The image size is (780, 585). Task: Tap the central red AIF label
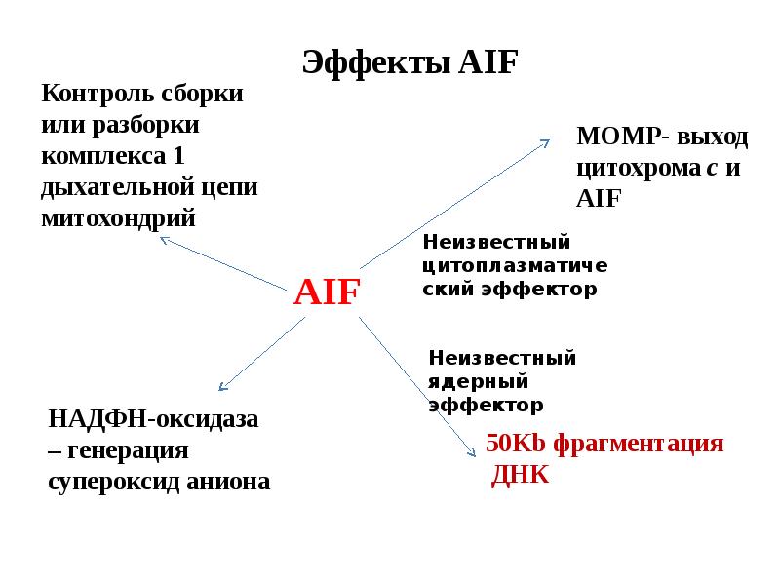point(328,291)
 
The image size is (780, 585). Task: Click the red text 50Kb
point(517,445)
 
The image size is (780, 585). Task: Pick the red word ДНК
point(521,475)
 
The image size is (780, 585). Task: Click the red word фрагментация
point(639,445)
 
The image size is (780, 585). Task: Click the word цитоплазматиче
point(516,265)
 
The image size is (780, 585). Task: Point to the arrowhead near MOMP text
point(546,142)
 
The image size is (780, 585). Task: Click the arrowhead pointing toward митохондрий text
point(165,238)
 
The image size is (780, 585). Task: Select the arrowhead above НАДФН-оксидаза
point(223,388)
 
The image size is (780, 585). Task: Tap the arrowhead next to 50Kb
point(475,451)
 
